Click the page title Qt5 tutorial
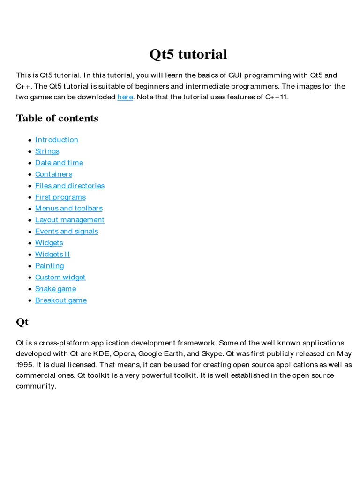(x=188, y=54)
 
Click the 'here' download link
(x=125, y=97)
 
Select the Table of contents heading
(x=57, y=118)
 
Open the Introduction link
(x=56, y=140)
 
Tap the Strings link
(x=47, y=151)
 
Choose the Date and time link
(x=59, y=163)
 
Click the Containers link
(x=53, y=174)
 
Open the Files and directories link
(x=70, y=186)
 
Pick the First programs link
(x=60, y=197)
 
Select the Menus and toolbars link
(x=69, y=209)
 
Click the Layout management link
(x=70, y=220)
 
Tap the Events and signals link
(x=67, y=232)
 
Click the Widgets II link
(x=52, y=255)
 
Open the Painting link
(x=49, y=266)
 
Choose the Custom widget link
(x=60, y=277)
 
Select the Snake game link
(x=55, y=289)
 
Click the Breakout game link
(x=61, y=300)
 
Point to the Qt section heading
(x=22, y=322)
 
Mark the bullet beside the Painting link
(x=30, y=266)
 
